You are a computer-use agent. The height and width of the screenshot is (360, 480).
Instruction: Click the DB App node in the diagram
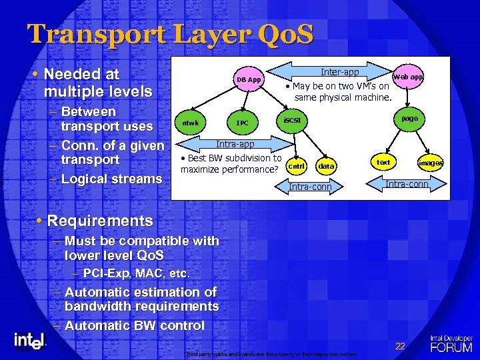pyautogui.click(x=250, y=80)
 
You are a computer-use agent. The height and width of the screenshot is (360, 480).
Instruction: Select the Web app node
pyautogui.click(x=408, y=77)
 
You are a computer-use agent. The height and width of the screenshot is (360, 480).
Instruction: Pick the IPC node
pyautogui.click(x=243, y=123)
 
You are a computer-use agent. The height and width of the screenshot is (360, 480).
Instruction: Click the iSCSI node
pyautogui.click(x=291, y=120)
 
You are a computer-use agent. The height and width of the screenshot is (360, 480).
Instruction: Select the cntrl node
pyautogui.click(x=297, y=166)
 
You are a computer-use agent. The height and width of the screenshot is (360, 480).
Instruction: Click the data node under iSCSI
pyautogui.click(x=326, y=166)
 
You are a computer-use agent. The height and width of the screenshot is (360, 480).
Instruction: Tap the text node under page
pyautogui.click(x=383, y=162)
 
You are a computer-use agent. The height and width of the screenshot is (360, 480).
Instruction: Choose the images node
pyautogui.click(x=430, y=163)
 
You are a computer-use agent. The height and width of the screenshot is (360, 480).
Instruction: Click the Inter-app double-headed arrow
pyautogui.click(x=339, y=72)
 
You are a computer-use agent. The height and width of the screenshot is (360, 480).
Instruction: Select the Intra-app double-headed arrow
pyautogui.click(x=234, y=143)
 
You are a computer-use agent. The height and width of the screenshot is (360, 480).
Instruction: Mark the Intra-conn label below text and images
pyautogui.click(x=407, y=183)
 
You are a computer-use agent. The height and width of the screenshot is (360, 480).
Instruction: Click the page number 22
pyautogui.click(x=400, y=345)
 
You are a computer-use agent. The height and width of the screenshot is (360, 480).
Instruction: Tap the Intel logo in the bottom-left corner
pyautogui.click(x=30, y=341)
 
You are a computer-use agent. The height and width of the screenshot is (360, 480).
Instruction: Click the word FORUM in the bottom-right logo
pyautogui.click(x=451, y=347)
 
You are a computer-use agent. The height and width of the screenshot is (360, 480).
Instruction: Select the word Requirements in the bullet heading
pyautogui.click(x=100, y=221)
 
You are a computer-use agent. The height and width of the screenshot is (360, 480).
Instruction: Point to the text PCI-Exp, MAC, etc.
pyautogui.click(x=137, y=273)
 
